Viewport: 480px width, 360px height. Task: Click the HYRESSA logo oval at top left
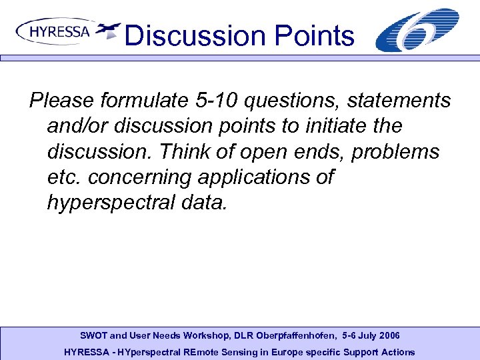click(54, 31)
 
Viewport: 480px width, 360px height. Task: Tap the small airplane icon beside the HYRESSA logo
click(107, 30)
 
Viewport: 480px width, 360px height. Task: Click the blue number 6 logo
click(417, 31)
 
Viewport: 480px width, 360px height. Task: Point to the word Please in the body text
click(61, 101)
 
